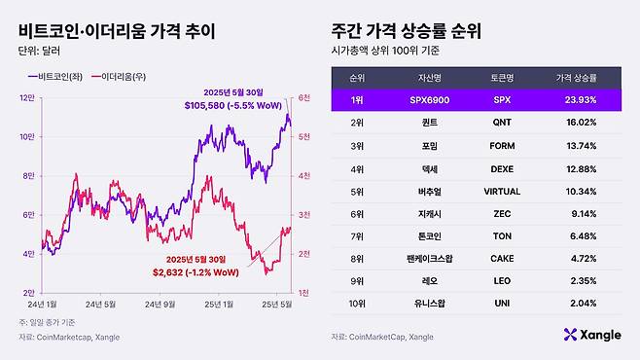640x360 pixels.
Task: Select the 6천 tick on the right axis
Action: (303, 97)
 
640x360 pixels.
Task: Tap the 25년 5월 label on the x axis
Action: (279, 305)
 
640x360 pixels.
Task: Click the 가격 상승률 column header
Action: (576, 75)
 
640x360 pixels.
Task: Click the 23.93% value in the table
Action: (576, 98)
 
